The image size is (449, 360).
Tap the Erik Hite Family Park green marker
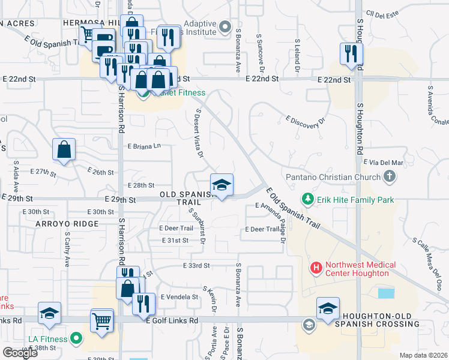tap(308, 198)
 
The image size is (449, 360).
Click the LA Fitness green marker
tap(76, 340)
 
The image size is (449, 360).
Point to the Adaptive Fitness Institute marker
tap(225, 26)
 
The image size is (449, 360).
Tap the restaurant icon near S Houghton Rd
tap(348, 54)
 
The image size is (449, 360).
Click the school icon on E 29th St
tap(221, 185)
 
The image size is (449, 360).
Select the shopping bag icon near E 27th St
tap(64, 150)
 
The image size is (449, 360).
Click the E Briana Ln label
tap(145, 146)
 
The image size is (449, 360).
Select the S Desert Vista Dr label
tap(199, 133)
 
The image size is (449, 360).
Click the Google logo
tap(20, 352)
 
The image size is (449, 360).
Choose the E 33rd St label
tap(196, 265)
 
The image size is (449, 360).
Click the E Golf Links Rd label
tap(172, 321)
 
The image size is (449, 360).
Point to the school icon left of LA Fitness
tap(50, 314)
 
